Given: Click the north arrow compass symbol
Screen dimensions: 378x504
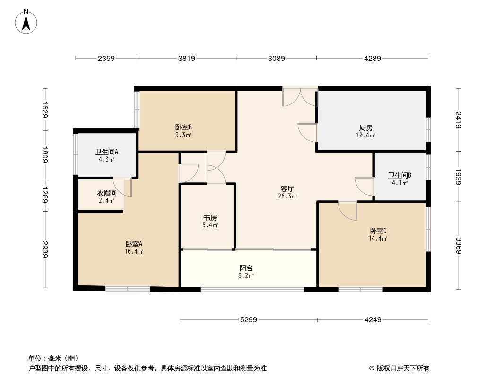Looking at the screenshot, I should [26, 21].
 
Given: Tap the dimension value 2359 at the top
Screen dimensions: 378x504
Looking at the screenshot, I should [106, 59].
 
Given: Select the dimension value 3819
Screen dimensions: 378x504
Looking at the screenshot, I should [187, 59].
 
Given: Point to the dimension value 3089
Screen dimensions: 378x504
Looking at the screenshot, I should [277, 59].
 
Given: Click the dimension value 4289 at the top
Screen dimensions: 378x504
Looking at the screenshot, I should [373, 59].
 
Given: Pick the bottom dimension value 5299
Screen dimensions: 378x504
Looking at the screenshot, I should [249, 320].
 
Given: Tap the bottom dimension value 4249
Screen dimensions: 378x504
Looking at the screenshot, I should [373, 320].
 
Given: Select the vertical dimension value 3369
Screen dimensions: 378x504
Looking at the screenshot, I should [458, 245].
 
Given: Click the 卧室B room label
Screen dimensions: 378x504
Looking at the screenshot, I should [183, 127].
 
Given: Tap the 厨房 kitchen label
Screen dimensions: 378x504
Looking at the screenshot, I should [365, 128].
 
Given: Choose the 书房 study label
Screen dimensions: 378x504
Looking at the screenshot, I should [210, 218].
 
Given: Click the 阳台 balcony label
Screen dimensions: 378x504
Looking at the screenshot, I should [247, 267].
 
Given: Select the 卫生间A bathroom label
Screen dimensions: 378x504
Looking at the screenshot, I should [106, 152].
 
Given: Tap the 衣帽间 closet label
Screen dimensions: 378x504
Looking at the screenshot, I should [106, 193].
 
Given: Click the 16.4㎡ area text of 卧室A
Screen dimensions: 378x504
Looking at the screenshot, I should [134, 252].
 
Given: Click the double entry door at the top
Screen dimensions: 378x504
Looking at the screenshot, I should [300, 97].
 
